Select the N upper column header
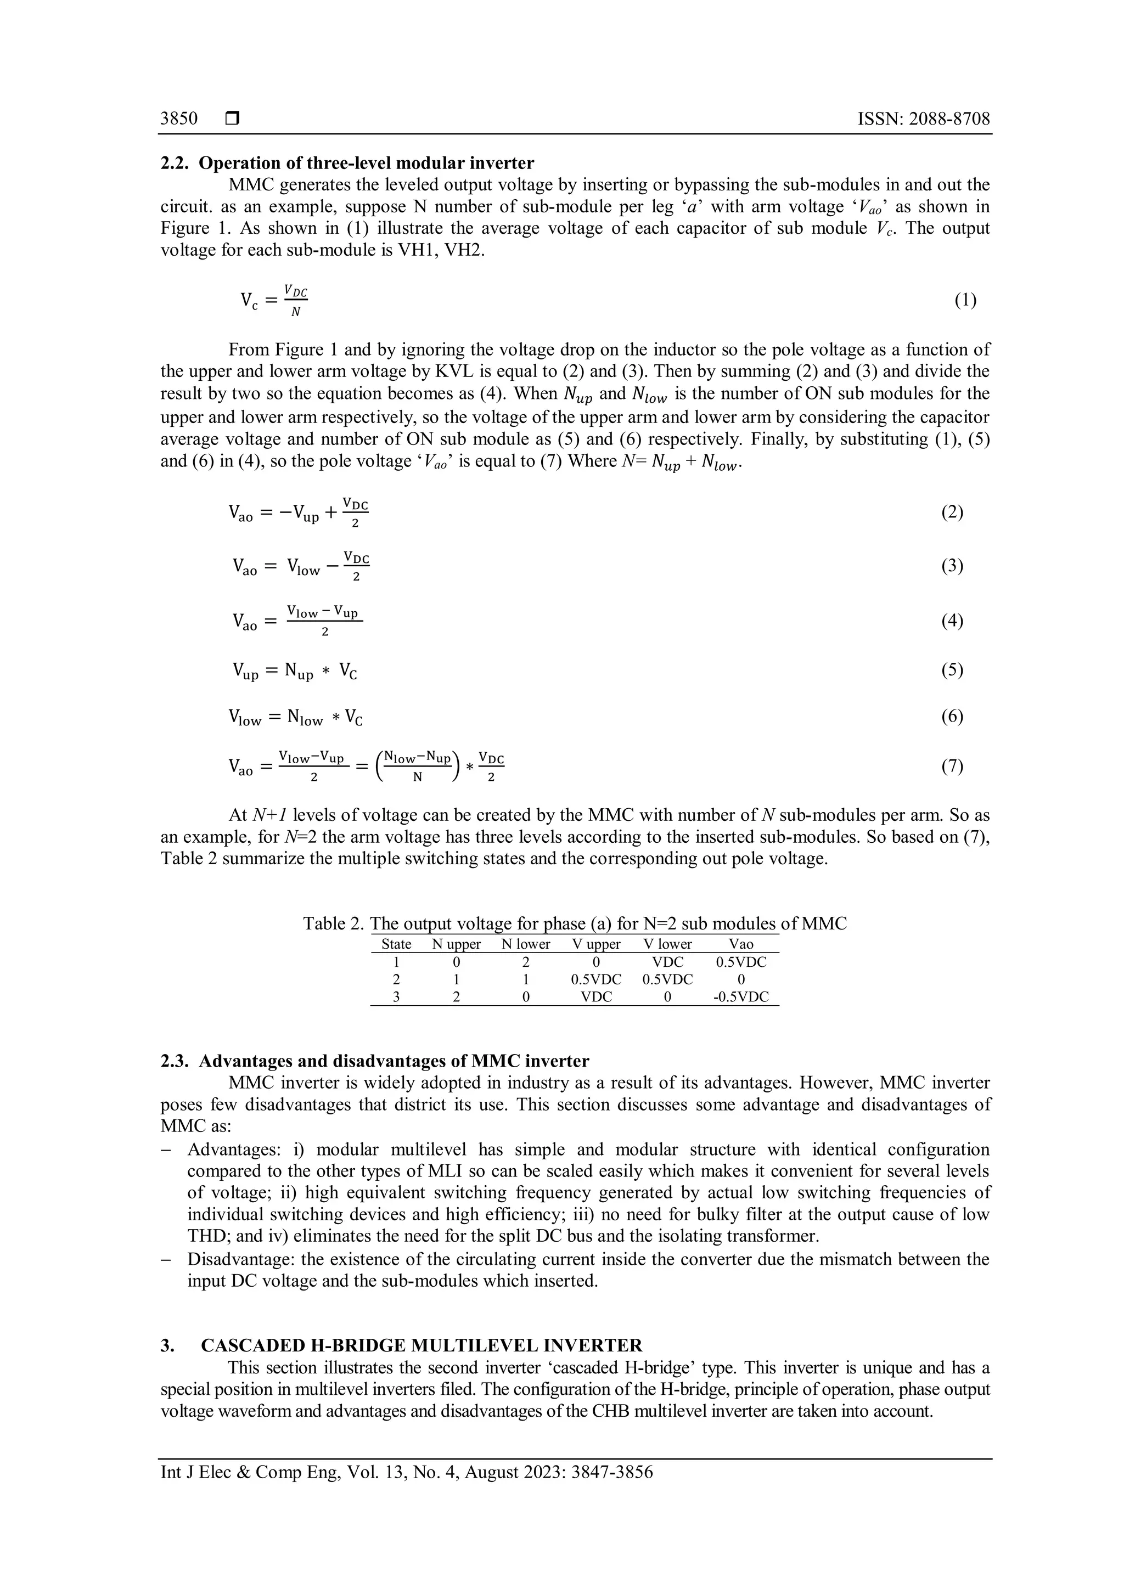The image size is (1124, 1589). (x=456, y=944)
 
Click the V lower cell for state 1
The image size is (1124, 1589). (x=667, y=962)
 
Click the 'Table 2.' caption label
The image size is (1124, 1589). (x=333, y=924)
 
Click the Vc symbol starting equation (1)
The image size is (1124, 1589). (x=249, y=300)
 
